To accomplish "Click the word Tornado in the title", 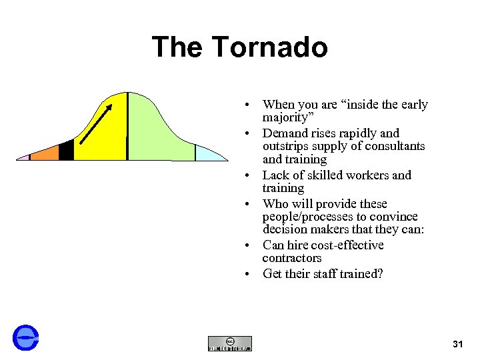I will click(x=270, y=47).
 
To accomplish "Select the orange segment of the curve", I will click(x=45, y=153).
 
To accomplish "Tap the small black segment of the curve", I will click(x=66, y=151).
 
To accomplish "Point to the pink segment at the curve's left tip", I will click(x=23, y=157).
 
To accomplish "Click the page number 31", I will click(x=457, y=344).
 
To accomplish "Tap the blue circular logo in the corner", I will click(x=26, y=338).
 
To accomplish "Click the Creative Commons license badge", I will click(x=230, y=343).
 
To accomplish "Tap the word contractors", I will click(x=292, y=258).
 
